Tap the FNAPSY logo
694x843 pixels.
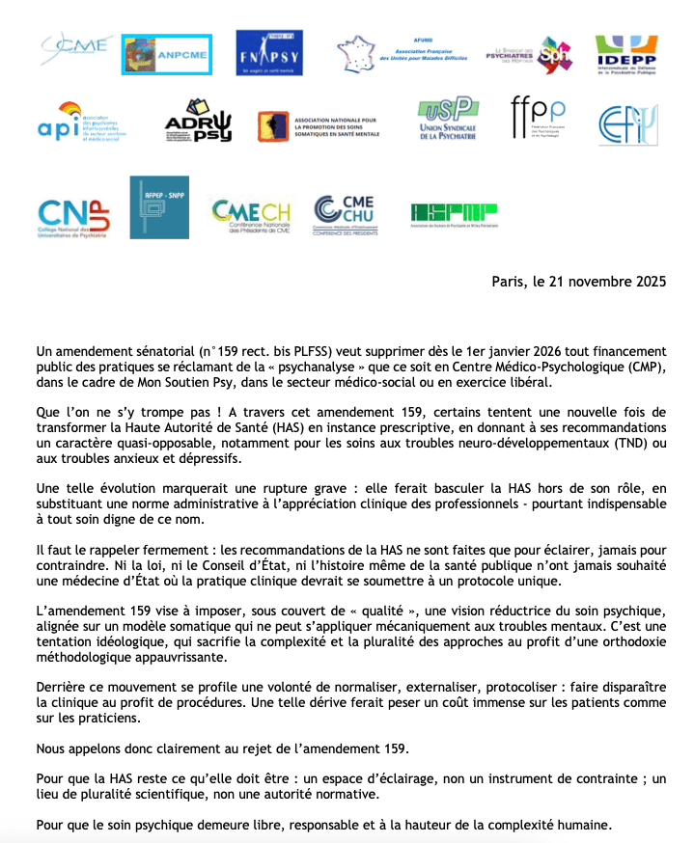click(268, 53)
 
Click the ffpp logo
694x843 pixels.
click(538, 121)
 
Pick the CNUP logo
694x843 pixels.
click(74, 219)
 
